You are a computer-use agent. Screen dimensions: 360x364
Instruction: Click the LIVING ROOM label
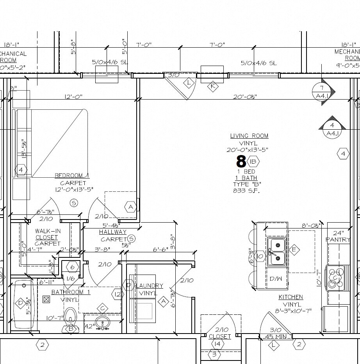tap(249, 136)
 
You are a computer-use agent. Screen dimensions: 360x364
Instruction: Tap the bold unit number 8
tap(241, 161)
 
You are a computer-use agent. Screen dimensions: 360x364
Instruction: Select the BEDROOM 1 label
tap(72, 175)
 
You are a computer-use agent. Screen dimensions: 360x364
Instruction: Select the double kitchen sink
tap(277, 252)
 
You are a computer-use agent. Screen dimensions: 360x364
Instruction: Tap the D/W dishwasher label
tap(276, 279)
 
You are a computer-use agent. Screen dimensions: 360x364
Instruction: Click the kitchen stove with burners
tap(335, 278)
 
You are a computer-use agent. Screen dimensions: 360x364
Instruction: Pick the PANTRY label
tap(338, 239)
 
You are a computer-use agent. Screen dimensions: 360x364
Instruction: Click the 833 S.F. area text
tap(246, 191)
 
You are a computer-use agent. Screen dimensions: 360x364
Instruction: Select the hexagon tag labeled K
tap(213, 87)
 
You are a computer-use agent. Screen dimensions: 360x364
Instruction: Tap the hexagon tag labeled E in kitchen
tap(294, 250)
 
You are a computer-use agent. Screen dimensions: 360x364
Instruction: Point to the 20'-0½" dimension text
tap(245, 97)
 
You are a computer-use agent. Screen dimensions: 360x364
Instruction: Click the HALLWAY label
tap(112, 232)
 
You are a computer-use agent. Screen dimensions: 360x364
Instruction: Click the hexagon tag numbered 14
tap(217, 344)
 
